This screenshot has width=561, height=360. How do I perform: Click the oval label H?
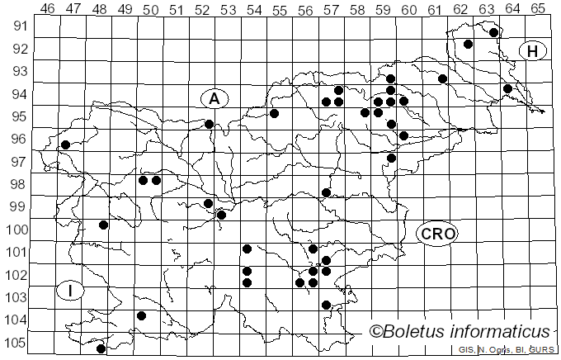[533, 51]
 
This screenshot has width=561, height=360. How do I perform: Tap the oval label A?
[214, 98]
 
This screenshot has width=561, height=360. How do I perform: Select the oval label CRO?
[436, 234]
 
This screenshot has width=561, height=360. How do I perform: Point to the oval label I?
[72, 291]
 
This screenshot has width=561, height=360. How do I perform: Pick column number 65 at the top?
[538, 9]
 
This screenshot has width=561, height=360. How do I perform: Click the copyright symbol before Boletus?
[375, 333]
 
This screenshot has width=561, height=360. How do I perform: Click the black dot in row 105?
[101, 348]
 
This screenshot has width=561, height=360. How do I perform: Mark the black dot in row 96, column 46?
[65, 144]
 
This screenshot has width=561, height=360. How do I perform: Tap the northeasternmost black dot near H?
[493, 32]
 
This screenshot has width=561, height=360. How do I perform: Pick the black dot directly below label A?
[209, 124]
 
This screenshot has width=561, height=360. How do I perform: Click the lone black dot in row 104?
[141, 315]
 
